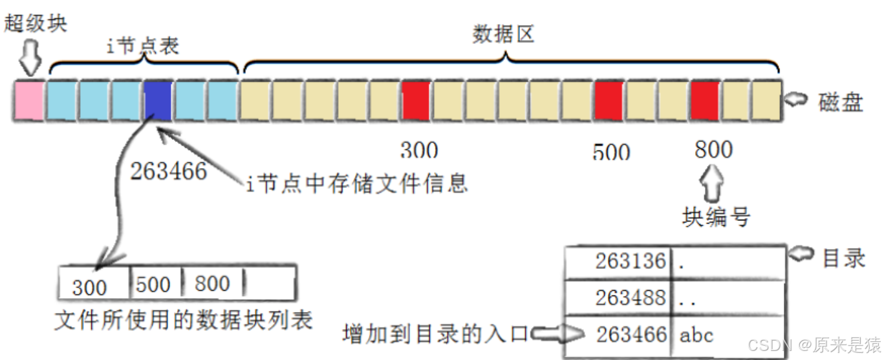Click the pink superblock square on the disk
tap(29, 100)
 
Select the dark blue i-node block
tap(158, 100)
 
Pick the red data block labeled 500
tap(609, 100)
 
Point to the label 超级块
tap(36, 23)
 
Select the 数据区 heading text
tap(503, 34)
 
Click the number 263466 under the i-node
tap(168, 171)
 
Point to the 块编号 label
tap(717, 217)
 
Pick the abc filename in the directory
tap(696, 334)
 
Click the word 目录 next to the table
tap(843, 258)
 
